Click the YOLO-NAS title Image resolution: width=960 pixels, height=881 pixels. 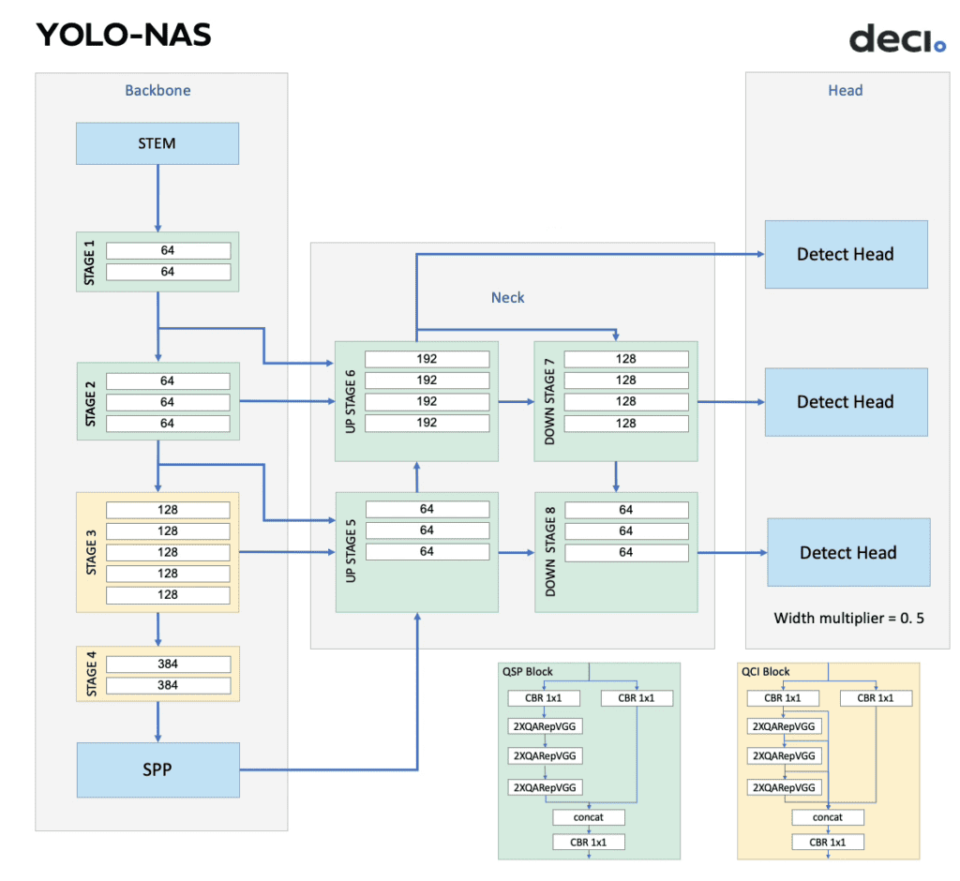(124, 35)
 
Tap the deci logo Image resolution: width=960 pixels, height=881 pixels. (897, 39)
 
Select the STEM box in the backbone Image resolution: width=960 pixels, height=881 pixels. (157, 143)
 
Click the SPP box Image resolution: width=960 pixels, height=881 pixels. (157, 769)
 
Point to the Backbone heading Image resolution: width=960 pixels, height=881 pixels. (157, 91)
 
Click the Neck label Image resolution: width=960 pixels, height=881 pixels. (507, 297)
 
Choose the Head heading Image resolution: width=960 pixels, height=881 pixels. (845, 91)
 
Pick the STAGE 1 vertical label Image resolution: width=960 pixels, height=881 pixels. (90, 261)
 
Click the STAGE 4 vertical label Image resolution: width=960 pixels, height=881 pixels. (91, 673)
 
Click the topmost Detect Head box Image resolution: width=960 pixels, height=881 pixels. (846, 254)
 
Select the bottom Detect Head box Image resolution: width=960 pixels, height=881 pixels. (848, 552)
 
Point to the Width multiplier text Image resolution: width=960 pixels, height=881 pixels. (848, 619)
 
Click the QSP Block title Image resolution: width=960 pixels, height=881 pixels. (528, 671)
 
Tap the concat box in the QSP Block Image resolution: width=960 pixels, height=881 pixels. (589, 817)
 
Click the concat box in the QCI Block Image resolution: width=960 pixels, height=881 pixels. (828, 817)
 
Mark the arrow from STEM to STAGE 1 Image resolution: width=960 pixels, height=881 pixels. (157, 198)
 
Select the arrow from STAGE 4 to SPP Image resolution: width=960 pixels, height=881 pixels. (157, 722)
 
